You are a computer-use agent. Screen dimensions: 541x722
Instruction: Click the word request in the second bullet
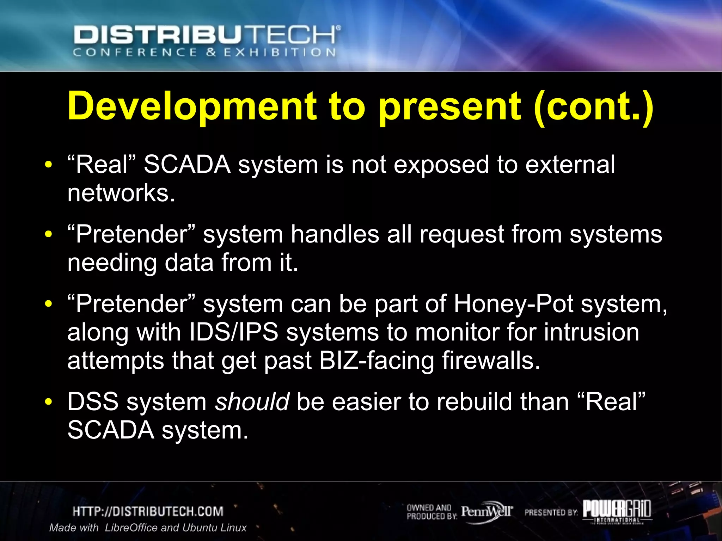pos(461,234)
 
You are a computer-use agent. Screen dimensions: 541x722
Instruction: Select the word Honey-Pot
pos(513,304)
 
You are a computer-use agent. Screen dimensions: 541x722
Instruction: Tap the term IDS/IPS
pos(234,332)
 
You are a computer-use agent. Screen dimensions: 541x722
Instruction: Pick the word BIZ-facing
pos(377,361)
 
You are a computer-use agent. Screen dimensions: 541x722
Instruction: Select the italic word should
pos(252,402)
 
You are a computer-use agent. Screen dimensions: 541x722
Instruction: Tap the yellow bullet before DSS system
pos(49,402)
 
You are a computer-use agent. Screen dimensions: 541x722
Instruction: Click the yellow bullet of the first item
pos(49,165)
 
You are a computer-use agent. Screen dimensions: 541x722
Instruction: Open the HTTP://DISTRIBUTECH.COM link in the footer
pos(148,511)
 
